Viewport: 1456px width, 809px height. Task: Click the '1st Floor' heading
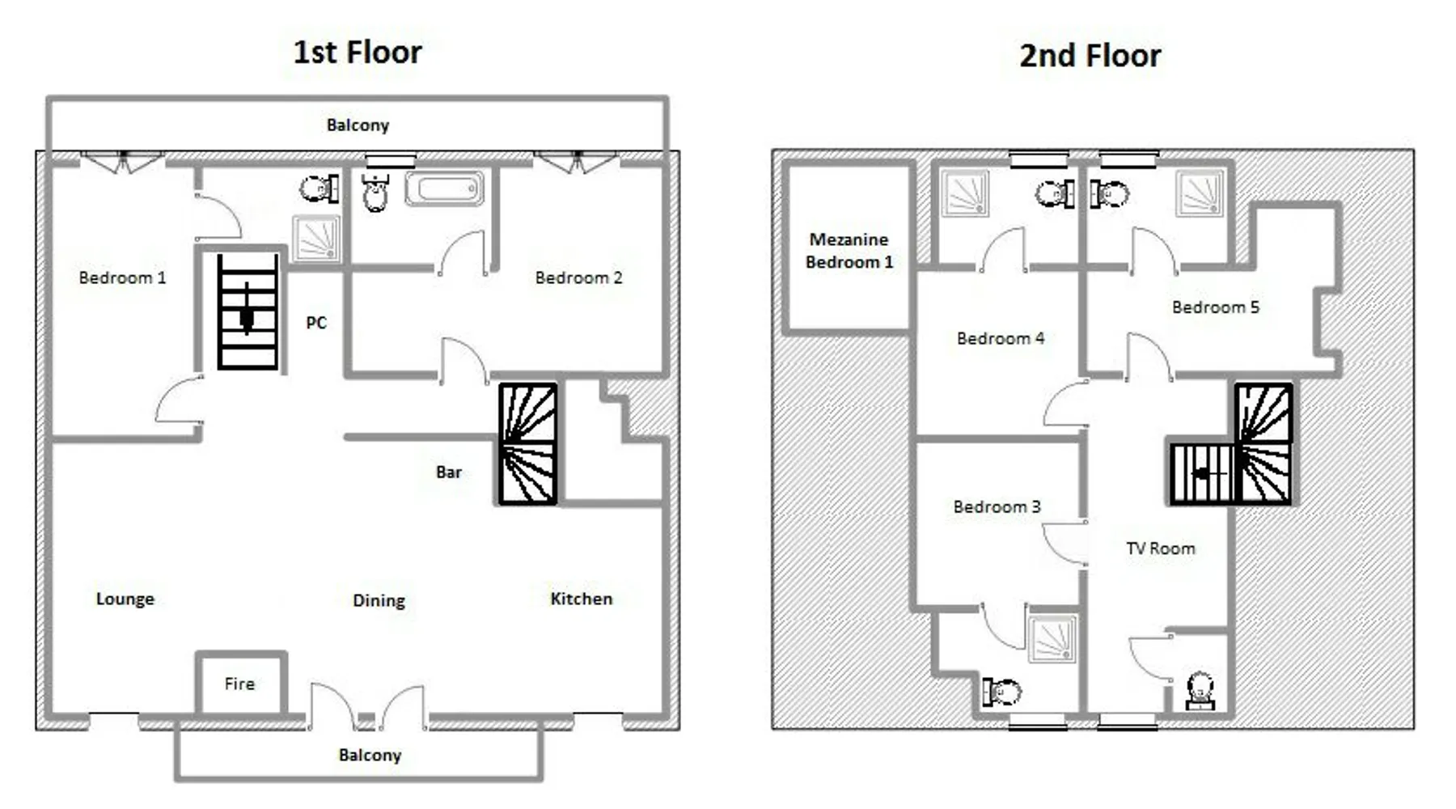[357, 53]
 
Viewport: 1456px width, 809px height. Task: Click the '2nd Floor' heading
[1090, 56]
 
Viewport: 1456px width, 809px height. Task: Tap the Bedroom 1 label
[122, 277]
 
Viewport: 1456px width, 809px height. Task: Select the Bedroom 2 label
[578, 277]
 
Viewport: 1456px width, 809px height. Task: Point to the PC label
[316, 323]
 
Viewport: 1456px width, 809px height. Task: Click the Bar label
[449, 472]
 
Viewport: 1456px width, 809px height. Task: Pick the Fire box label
[239, 684]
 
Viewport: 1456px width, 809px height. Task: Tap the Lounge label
[125, 599]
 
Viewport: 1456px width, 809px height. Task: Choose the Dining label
[379, 600]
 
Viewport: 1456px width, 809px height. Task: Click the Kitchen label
[581, 599]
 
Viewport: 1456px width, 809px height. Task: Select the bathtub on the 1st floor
[444, 188]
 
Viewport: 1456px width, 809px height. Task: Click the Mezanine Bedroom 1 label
[849, 251]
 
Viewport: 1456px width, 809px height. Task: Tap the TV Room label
[1160, 549]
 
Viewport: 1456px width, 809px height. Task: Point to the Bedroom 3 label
[997, 506]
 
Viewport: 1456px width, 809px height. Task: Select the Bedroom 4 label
[1001, 338]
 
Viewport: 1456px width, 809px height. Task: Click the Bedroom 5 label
[1216, 307]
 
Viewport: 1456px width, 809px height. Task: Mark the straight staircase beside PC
[248, 311]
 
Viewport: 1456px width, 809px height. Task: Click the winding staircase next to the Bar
[528, 444]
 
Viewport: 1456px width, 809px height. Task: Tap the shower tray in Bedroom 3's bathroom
[1052, 639]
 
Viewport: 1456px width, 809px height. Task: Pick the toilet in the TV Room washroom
[1200, 691]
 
